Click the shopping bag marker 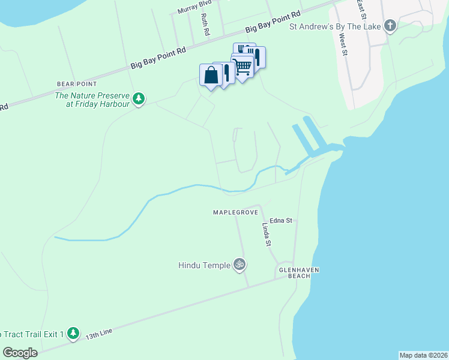(210, 76)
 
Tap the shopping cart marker (243, 66)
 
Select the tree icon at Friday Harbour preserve (139, 98)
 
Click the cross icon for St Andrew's (390, 26)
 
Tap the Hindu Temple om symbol (240, 264)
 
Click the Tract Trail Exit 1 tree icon (73, 332)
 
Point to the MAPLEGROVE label (235, 212)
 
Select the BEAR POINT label (73, 84)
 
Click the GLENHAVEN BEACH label (298, 273)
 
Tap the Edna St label (280, 220)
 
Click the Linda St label (267, 235)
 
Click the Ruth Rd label (205, 24)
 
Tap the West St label (344, 44)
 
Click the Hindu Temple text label (205, 265)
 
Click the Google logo (20, 353)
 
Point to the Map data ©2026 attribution (423, 355)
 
